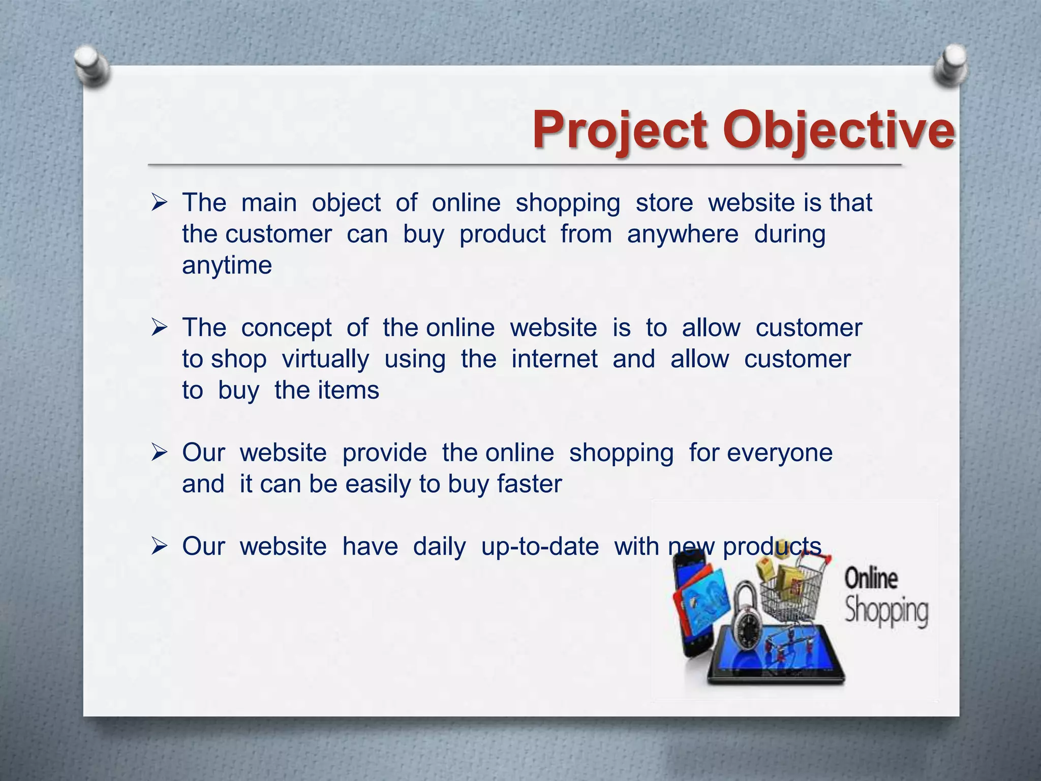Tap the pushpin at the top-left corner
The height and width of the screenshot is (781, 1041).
pos(91,65)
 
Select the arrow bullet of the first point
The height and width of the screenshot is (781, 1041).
pos(159,204)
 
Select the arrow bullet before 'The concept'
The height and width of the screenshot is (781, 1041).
pos(159,328)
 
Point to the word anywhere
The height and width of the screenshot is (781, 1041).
pos(682,234)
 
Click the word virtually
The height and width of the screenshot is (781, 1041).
pos(325,359)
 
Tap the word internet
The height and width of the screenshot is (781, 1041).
pos(554,359)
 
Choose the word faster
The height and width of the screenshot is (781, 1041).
pos(529,484)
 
